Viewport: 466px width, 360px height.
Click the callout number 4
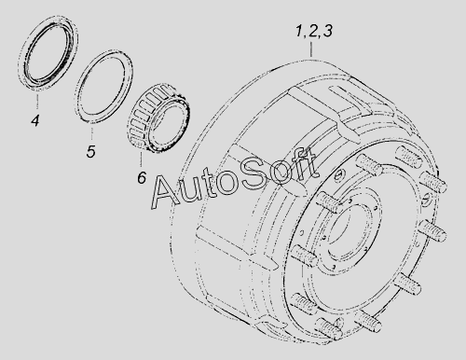click(x=35, y=120)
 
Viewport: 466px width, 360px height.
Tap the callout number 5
click(x=90, y=151)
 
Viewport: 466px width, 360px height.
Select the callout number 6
click(x=142, y=178)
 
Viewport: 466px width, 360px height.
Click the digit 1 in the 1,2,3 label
click(x=299, y=31)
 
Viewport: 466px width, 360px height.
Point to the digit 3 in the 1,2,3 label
click(x=327, y=31)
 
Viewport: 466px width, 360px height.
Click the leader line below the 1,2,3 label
click(x=311, y=48)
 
